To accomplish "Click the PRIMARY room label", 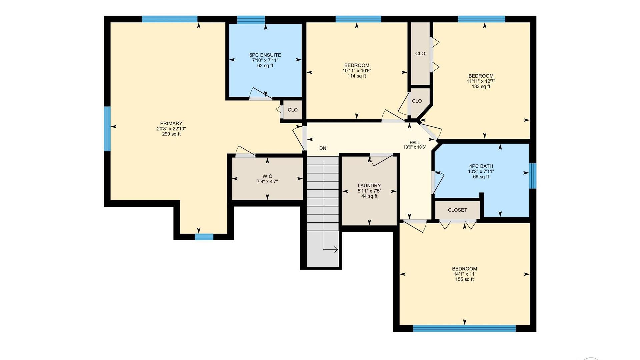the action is tap(171, 123).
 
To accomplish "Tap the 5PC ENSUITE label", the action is tap(265, 55).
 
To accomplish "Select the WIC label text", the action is tap(267, 176).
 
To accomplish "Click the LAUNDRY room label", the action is tap(369, 186).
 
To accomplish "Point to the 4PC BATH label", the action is tap(481, 166).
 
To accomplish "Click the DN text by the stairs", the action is tap(323, 148).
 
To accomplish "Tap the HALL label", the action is tap(415, 143).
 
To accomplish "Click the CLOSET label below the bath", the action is tap(457, 210).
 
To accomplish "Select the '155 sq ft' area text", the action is tap(464, 279).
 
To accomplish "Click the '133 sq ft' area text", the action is tap(481, 87).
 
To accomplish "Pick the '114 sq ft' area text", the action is tap(357, 76).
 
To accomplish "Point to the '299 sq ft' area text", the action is tap(171, 134).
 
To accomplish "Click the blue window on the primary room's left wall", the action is tap(107, 129).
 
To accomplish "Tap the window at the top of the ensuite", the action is tap(251, 19).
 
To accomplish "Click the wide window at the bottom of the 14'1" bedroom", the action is tap(464, 328).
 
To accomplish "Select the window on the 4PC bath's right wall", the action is tap(533, 176).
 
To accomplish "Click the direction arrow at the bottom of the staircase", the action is tap(330, 249).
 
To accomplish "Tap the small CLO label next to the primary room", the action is tap(293, 110).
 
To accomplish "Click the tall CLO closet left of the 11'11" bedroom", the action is tap(420, 53).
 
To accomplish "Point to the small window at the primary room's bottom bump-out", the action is tap(204, 237).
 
